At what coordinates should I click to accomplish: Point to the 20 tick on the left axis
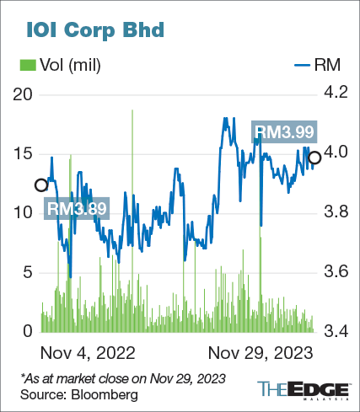(x=25, y=94)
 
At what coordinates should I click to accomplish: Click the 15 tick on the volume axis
(x=25, y=154)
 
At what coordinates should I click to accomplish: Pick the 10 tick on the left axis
(x=25, y=213)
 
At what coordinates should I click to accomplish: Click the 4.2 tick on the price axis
(x=335, y=94)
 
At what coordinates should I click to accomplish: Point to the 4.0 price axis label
(x=335, y=154)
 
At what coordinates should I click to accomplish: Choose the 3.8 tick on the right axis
(x=335, y=213)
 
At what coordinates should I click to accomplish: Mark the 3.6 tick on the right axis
(x=335, y=272)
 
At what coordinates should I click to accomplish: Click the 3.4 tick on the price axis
(x=335, y=331)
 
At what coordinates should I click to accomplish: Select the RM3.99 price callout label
(x=285, y=131)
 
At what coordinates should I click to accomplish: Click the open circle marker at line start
(x=40, y=185)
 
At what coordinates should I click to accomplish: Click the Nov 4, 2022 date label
(x=89, y=350)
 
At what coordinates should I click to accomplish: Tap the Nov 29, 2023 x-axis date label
(x=261, y=350)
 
